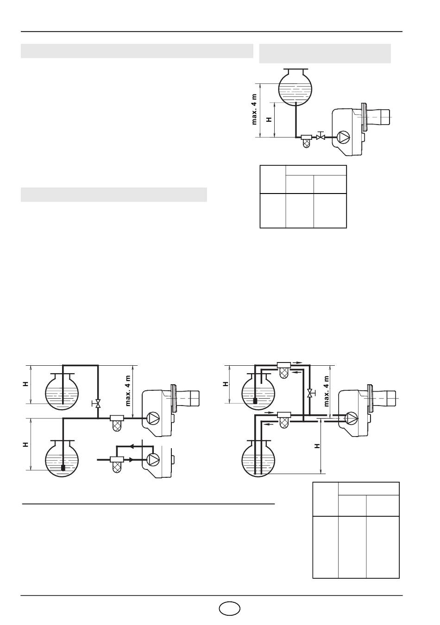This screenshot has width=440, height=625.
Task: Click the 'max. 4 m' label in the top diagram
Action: tap(254, 109)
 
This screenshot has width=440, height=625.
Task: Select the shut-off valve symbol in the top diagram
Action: tap(321, 136)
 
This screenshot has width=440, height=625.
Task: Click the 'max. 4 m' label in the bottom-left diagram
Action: tap(128, 391)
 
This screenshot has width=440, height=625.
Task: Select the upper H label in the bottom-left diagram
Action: tap(25, 384)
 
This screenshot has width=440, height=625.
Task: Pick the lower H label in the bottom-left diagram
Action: tap(25, 444)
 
